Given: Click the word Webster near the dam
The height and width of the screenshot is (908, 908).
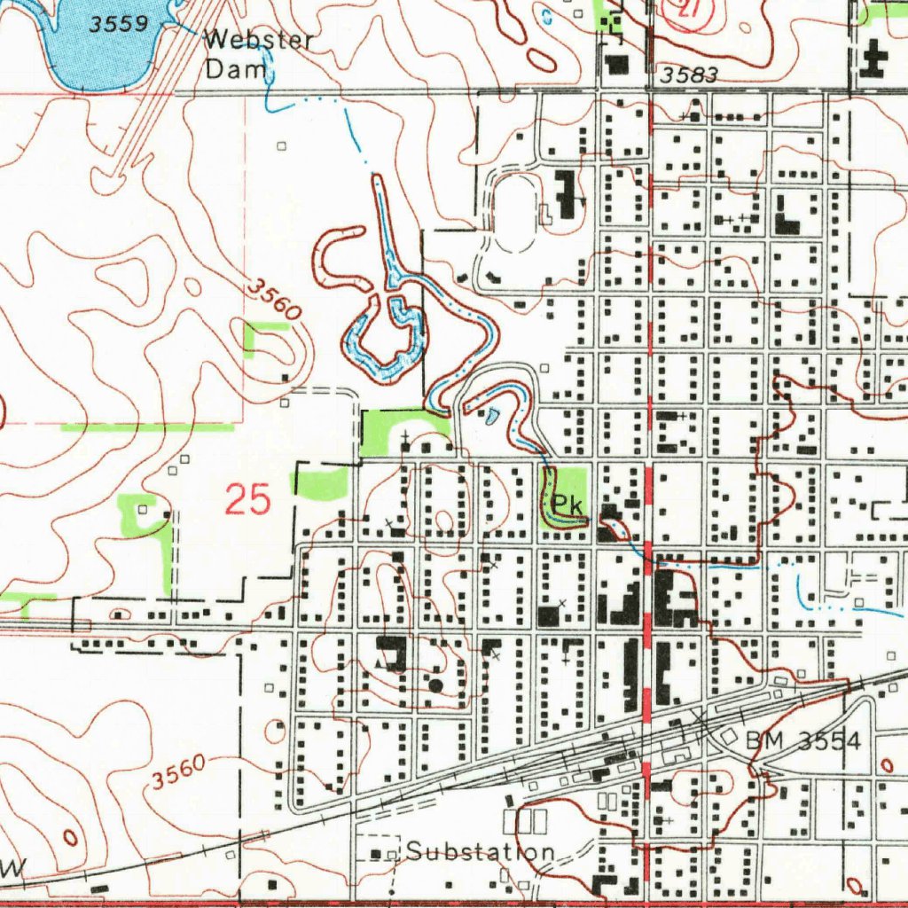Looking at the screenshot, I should click(259, 41).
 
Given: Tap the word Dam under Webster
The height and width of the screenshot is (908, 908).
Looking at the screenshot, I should click(236, 69).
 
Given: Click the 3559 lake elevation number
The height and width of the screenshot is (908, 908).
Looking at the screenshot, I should click(119, 24).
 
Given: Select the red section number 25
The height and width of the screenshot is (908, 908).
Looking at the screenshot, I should click(247, 500).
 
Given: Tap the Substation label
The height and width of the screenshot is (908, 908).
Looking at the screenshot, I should click(481, 852).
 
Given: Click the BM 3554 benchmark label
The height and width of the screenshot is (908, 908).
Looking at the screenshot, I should click(803, 741).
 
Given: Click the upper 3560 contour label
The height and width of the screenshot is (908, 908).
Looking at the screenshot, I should click(274, 299).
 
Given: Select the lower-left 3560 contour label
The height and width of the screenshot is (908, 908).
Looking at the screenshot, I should click(178, 771).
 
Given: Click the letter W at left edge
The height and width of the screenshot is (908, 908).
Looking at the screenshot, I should click(11, 871).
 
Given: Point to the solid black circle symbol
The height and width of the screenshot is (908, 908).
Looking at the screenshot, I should click(434, 685).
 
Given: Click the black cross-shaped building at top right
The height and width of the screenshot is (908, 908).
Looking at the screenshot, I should click(874, 61).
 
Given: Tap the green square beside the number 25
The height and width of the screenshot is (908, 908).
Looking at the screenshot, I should click(321, 484).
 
